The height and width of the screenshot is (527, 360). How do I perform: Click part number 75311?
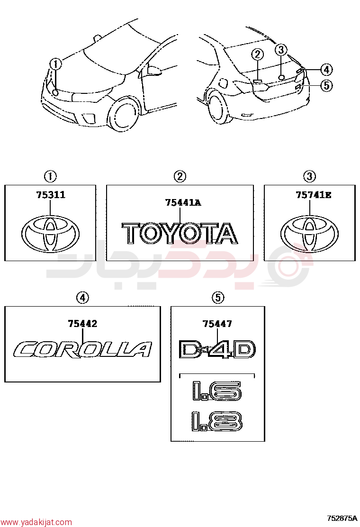pyautogui.click(x=51, y=195)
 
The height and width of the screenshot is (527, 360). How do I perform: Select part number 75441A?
pyautogui.click(x=183, y=203)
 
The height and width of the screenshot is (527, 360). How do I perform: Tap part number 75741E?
pyautogui.click(x=313, y=195)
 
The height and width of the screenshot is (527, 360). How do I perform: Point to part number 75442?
pyautogui.click(x=82, y=324)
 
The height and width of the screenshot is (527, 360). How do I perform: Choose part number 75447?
pyautogui.click(x=217, y=324)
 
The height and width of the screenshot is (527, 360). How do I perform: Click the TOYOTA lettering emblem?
pyautogui.click(x=180, y=233)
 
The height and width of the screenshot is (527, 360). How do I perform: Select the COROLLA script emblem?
pyautogui.click(x=82, y=350)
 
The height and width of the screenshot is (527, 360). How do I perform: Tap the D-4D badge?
pyautogui.click(x=217, y=349)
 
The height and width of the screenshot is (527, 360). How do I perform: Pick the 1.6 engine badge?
pyautogui.click(x=217, y=391)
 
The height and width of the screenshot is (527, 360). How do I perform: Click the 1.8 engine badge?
pyautogui.click(x=217, y=421)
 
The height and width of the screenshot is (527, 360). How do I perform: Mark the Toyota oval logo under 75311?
pyautogui.click(x=51, y=233)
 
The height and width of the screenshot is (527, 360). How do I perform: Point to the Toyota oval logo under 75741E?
pyautogui.click(x=310, y=233)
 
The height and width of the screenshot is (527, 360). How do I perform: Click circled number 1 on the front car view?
pyautogui.click(x=56, y=64)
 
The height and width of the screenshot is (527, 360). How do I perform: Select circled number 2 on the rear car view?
pyautogui.click(x=258, y=54)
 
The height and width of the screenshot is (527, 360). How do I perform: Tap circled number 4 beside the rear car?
pyautogui.click(x=326, y=70)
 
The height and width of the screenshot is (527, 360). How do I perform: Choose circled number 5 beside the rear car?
pyautogui.click(x=326, y=85)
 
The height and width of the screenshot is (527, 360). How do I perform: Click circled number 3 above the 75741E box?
pyautogui.click(x=309, y=176)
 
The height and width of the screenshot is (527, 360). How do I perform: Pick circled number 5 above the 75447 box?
pyautogui.click(x=218, y=298)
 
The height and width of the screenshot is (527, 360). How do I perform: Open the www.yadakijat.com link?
pyautogui.click(x=36, y=522)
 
